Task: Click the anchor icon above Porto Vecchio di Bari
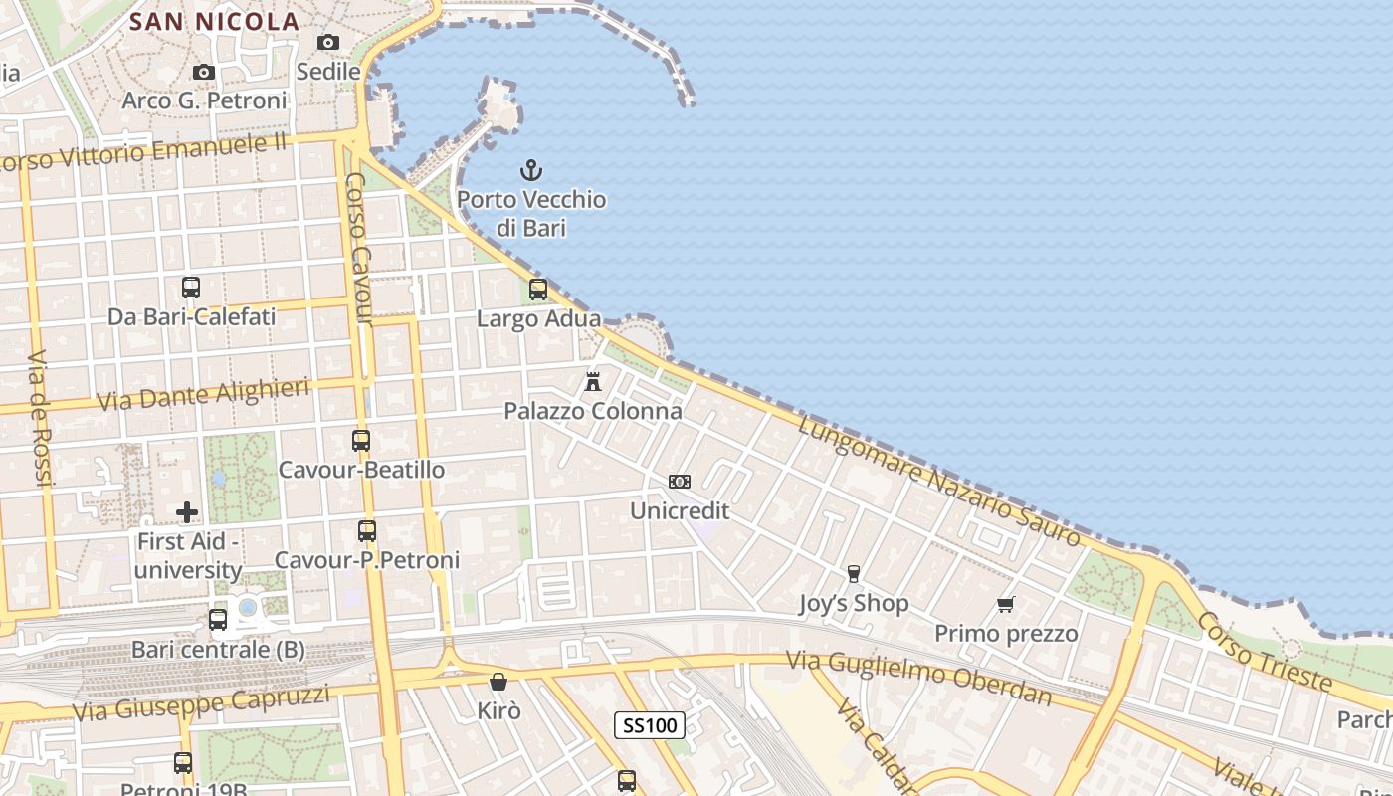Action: (531, 170)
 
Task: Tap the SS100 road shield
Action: (650, 725)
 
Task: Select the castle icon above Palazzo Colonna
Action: (593, 381)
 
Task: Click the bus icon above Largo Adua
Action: (538, 290)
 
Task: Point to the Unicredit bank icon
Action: (680, 482)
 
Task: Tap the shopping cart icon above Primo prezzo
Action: (1006, 604)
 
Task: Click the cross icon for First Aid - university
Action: (187, 512)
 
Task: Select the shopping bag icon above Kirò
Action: (498, 682)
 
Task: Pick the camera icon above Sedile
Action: (328, 42)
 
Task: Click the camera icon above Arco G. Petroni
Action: (204, 72)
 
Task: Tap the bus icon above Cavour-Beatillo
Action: (361, 440)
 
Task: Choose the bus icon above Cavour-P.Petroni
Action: (367, 531)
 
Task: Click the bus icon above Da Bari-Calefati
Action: (191, 288)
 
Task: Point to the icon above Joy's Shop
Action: (853, 573)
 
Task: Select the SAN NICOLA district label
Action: (214, 21)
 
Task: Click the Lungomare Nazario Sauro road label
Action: (939, 481)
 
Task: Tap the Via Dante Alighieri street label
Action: (204, 395)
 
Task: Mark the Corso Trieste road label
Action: (1264, 652)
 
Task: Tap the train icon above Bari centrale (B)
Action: (218, 620)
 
